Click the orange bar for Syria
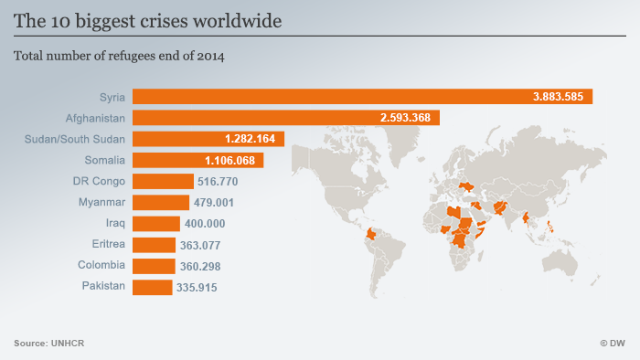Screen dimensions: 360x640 [x=362, y=96]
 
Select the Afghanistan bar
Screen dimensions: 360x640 [x=286, y=117]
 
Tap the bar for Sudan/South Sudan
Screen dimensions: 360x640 [x=208, y=139]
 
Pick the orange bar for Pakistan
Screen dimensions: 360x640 [x=152, y=287]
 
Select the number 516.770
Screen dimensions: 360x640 [x=218, y=181]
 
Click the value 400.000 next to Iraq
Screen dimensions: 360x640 [x=206, y=224]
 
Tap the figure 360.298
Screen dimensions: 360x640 [x=200, y=266]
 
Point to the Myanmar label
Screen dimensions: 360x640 [x=101, y=202]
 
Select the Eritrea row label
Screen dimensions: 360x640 [x=104, y=245]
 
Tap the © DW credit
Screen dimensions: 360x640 [x=613, y=343]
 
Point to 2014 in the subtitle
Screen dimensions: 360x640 [x=209, y=56]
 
